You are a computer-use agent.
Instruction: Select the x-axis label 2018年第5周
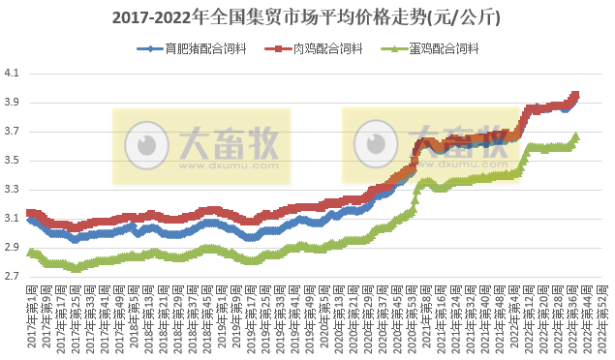point(134,319)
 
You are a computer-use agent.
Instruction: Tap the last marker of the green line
point(576,136)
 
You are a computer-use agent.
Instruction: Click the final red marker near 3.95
point(576,95)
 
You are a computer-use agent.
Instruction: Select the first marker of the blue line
point(30,220)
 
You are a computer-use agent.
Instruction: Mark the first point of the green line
point(30,253)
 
